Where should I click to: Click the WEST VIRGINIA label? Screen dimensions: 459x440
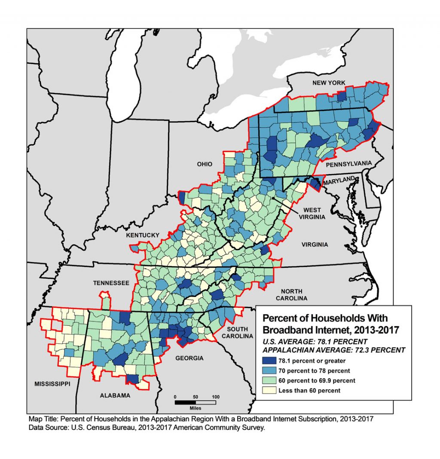[x=312, y=214]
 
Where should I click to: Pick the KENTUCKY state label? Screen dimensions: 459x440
[x=143, y=235]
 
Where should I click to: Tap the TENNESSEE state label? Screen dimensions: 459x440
[x=111, y=283]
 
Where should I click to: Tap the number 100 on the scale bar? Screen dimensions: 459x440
[x=215, y=396]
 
